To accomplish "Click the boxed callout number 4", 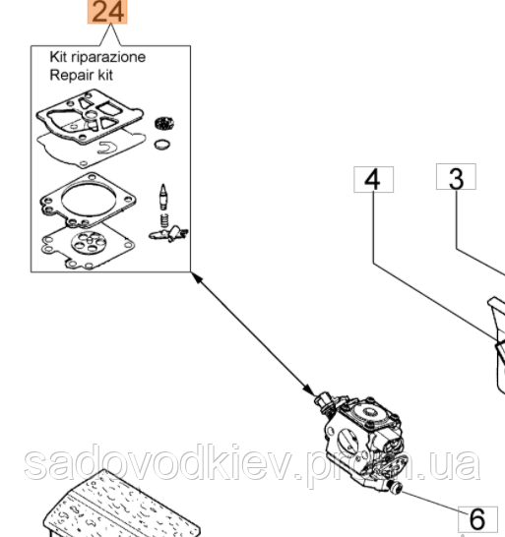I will [x=372, y=179].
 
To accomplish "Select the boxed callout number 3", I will [x=456, y=178].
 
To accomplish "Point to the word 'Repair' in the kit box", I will [x=70, y=73].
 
